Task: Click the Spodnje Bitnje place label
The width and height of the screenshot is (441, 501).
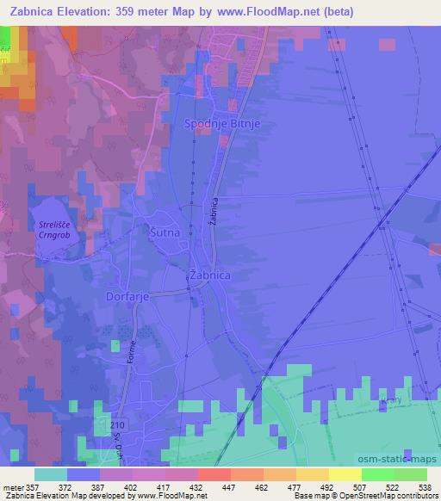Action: pos(222,124)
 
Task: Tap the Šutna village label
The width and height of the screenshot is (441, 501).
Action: pos(164,232)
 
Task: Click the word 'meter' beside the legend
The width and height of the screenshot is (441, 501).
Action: pos(12,487)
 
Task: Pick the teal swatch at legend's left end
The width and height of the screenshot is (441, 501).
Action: pos(50,474)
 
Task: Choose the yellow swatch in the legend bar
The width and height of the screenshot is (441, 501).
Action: pos(345,474)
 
